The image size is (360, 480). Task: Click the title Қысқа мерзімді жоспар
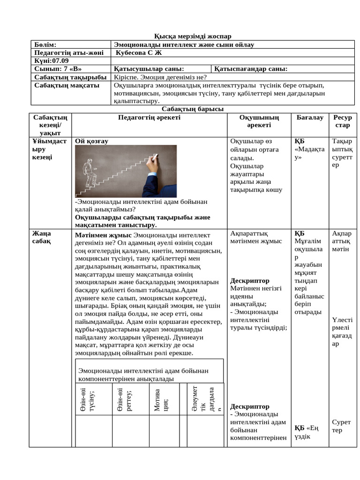[193, 37]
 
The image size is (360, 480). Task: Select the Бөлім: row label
[45, 45]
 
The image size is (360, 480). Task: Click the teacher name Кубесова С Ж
[138, 52]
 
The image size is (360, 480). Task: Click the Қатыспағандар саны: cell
[251, 69]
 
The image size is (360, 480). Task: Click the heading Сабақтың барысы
[193, 109]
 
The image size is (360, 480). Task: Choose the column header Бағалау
[310, 118]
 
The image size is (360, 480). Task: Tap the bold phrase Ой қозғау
[92, 141]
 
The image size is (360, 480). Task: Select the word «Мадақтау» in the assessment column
[309, 153]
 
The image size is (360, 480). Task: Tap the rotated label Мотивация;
[160, 400]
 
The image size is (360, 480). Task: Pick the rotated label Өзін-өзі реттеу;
[124, 400]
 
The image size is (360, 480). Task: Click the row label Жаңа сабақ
[42, 237]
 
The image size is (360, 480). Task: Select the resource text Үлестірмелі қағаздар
[342, 332]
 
